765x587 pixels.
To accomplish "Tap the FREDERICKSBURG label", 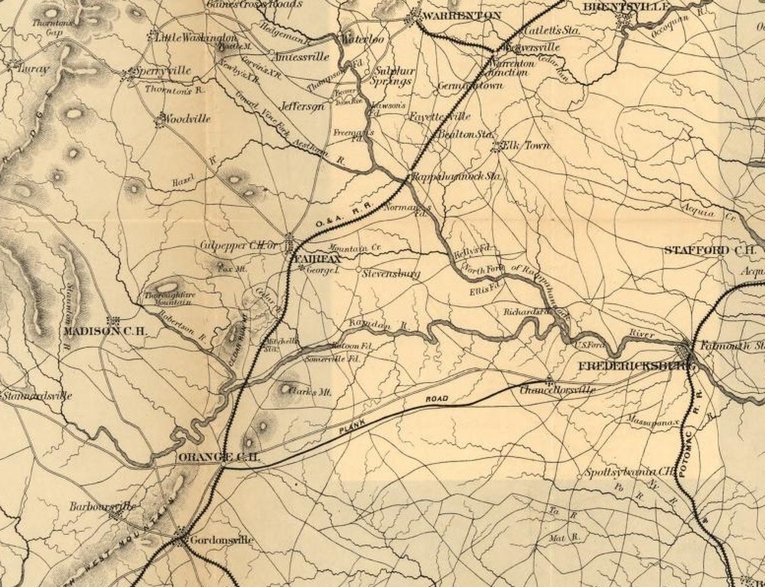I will tap(631, 367).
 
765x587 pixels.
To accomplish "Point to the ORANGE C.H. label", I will tap(220, 457).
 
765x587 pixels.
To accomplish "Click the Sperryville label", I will tap(161, 71).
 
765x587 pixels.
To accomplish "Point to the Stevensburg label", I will tap(391, 272).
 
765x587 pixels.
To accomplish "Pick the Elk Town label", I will tap(529, 144).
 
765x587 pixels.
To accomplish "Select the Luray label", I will tap(35, 68).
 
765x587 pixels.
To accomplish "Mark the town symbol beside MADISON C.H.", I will tap(112, 321).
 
